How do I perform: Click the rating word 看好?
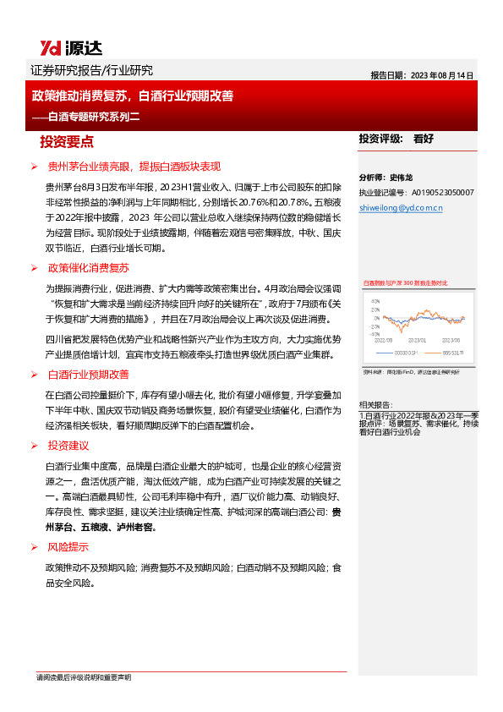pos(424,139)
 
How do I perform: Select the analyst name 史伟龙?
pos(402,178)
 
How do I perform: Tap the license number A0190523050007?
pos(440,192)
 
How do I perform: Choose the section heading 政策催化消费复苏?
pos(88,268)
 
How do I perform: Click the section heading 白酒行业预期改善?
pos(88,374)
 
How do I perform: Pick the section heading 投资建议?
pos(68,445)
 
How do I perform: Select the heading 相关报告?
pos(375,405)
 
